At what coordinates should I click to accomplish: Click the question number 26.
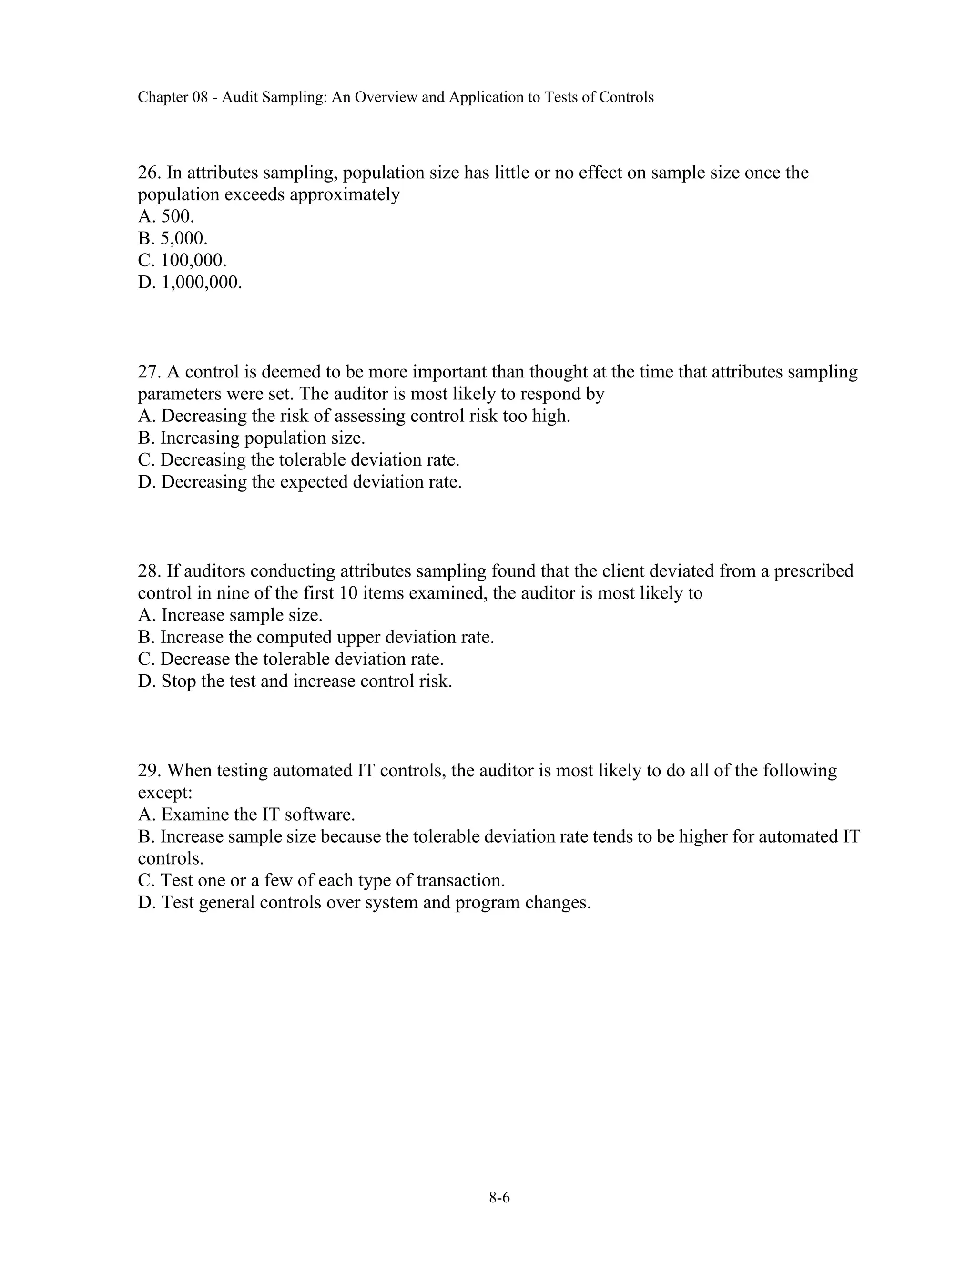click(x=149, y=173)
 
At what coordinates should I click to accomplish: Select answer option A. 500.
click(x=166, y=216)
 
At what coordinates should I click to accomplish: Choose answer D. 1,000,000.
click(x=190, y=282)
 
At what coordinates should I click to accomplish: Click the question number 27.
click(x=149, y=371)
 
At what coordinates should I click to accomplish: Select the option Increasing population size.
click(x=252, y=438)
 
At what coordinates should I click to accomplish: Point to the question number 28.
click(x=149, y=571)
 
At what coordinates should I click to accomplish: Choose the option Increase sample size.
click(x=230, y=615)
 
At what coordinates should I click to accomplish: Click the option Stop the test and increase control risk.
click(x=295, y=681)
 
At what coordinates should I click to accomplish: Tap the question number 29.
click(x=149, y=770)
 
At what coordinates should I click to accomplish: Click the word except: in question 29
click(x=165, y=792)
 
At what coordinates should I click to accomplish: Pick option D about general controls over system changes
click(x=364, y=902)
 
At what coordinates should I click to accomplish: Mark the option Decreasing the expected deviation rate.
click(x=299, y=482)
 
